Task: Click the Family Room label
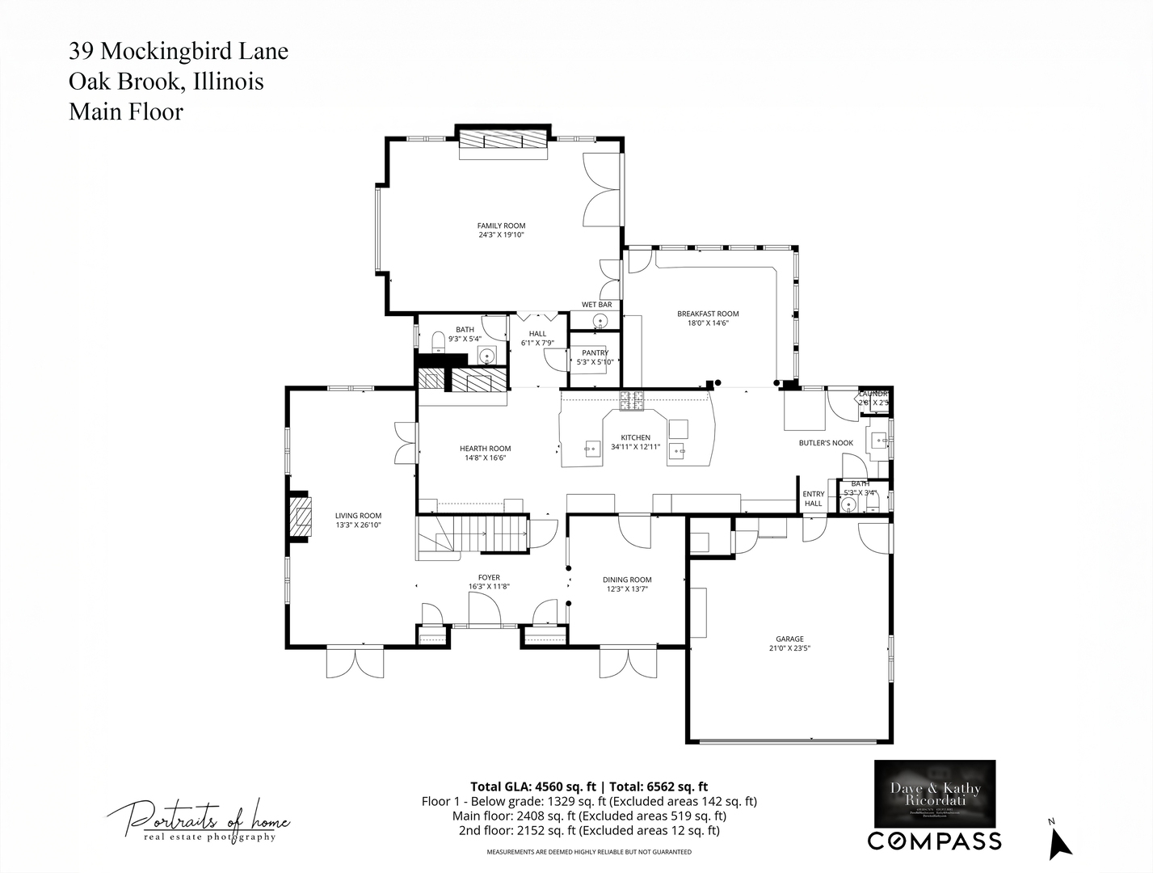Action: [501, 226]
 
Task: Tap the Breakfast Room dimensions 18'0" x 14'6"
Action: [708, 323]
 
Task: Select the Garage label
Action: [789, 639]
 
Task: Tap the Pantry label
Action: [595, 352]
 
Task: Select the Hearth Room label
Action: [485, 449]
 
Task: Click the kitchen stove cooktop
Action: [632, 398]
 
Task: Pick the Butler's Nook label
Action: [826, 443]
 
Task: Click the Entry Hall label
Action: [814, 499]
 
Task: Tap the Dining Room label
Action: [627, 580]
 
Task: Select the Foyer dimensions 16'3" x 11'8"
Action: [489, 587]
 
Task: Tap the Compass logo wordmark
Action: [935, 841]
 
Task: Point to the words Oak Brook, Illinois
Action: [166, 82]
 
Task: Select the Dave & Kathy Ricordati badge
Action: [936, 793]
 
